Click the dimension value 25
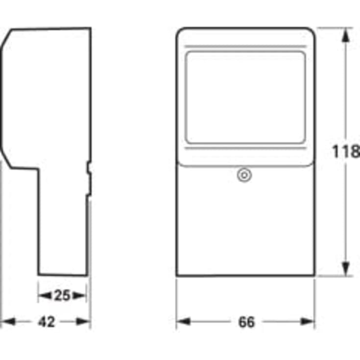(x=62, y=295)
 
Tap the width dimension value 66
(x=246, y=322)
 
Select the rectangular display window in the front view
(x=245, y=98)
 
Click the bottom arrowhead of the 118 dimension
(x=346, y=269)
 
